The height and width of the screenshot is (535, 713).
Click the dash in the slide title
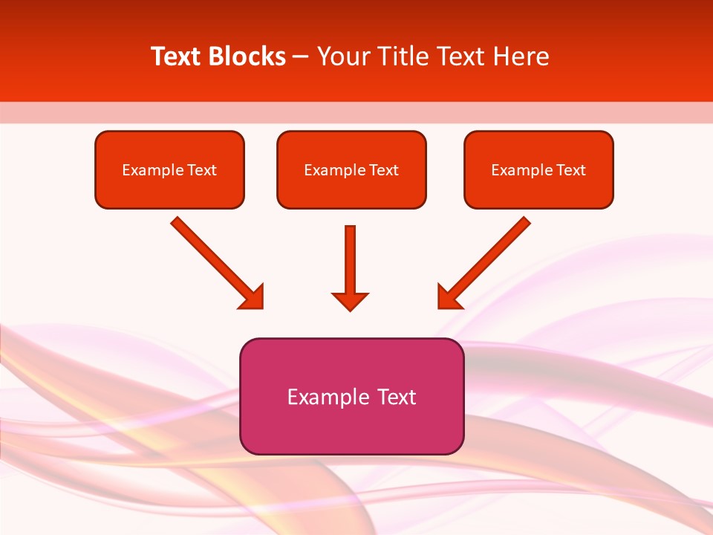point(301,57)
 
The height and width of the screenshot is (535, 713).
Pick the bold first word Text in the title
point(178,56)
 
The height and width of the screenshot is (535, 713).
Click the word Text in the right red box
point(570,170)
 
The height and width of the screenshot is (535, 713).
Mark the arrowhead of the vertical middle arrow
point(350,301)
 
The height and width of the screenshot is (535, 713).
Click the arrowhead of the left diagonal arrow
point(253,298)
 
